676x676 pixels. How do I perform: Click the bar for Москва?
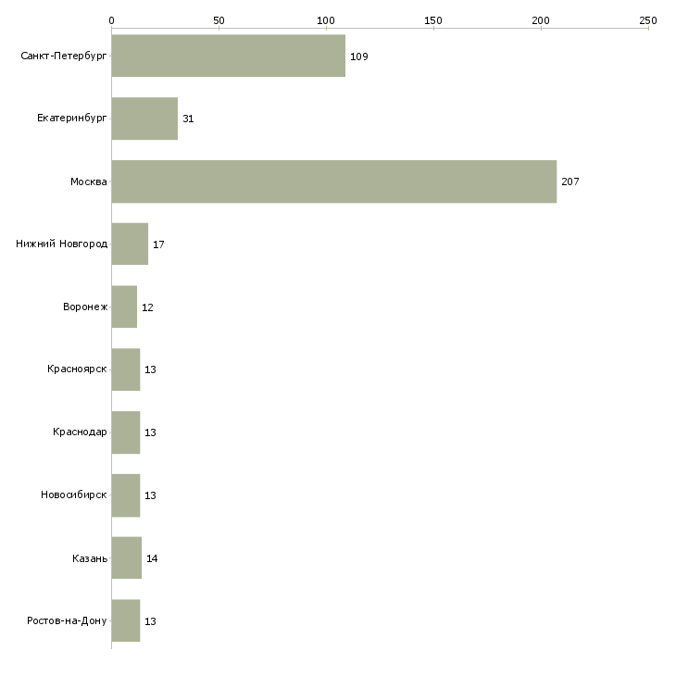[x=334, y=182]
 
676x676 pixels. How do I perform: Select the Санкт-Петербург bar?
[x=229, y=56]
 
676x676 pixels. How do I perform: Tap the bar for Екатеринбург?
[x=144, y=119]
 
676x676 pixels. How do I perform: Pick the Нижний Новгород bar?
[x=130, y=244]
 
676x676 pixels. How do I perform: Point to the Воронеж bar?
[x=124, y=307]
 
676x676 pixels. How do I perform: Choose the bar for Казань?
[x=127, y=557]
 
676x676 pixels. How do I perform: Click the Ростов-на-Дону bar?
[x=126, y=620]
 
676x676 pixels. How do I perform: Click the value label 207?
[x=570, y=182]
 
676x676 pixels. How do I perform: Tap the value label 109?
[x=358, y=56]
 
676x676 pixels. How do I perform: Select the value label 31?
[x=188, y=119]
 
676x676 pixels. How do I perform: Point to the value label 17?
[x=158, y=244]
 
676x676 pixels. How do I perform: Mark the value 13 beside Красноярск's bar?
[x=150, y=369]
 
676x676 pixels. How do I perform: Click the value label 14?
[x=152, y=558]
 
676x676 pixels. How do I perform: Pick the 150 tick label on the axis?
[x=432, y=20]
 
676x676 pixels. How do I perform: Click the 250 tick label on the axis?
[x=648, y=20]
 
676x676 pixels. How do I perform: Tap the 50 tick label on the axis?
[x=219, y=20]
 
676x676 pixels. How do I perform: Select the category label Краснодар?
[x=80, y=432]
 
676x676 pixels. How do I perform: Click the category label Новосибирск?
[x=74, y=494]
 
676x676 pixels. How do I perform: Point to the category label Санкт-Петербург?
[x=64, y=56]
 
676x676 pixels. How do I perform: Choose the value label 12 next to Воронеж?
[x=147, y=307]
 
